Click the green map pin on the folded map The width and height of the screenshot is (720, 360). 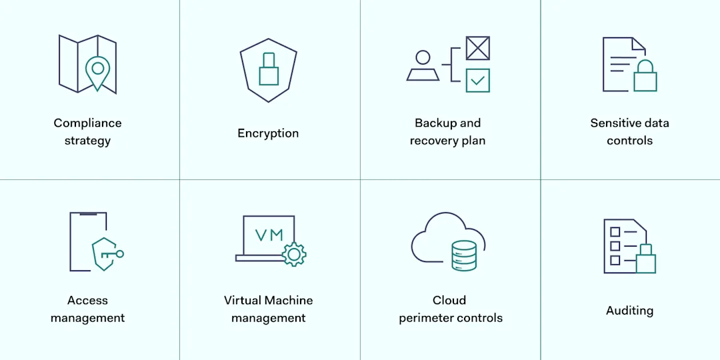pyautogui.click(x=98, y=71)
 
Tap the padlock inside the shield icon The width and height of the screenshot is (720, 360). pyautogui.click(x=269, y=70)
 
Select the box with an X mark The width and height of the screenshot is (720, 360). pyautogui.click(x=477, y=48)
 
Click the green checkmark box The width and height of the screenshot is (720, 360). pyautogui.click(x=477, y=80)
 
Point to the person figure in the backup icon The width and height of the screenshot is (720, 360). pyautogui.click(x=423, y=67)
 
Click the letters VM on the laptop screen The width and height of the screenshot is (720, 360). pyautogui.click(x=269, y=235)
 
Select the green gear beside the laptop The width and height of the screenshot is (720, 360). pyautogui.click(x=294, y=254)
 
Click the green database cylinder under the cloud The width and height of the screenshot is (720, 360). pyautogui.click(x=464, y=255)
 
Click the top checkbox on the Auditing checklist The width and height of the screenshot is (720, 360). pyautogui.click(x=615, y=232)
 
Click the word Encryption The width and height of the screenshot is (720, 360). pyautogui.click(x=268, y=133)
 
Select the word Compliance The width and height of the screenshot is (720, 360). pyautogui.click(x=87, y=123)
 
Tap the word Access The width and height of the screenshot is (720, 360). pyautogui.click(x=87, y=301)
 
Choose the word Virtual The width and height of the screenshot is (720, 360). pyautogui.click(x=243, y=301)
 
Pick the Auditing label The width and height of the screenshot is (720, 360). pyautogui.click(x=629, y=311)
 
